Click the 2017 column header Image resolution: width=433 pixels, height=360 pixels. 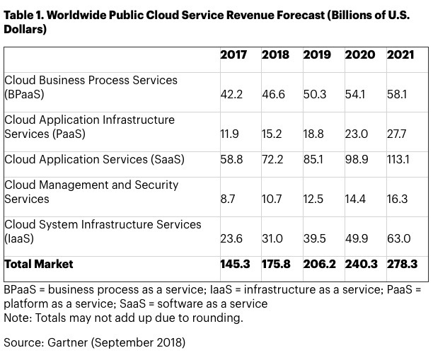pyautogui.click(x=233, y=55)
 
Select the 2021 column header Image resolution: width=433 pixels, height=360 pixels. pyautogui.click(x=400, y=55)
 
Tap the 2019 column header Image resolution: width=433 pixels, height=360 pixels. pyautogui.click(x=316, y=55)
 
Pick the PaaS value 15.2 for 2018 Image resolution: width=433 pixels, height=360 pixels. pyautogui.click(x=272, y=134)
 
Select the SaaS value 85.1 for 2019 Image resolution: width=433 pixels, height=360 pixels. pyautogui.click(x=315, y=161)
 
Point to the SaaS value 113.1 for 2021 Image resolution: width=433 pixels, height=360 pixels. pyautogui.click(x=400, y=161)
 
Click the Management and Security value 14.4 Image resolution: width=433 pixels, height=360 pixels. pyautogui.click(x=357, y=199)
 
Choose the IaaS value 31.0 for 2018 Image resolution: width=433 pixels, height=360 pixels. pyautogui.click(x=272, y=239)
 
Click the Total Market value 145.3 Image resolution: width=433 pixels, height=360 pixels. pyautogui.click(x=234, y=265)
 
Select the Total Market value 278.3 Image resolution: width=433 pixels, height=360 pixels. pyautogui.click(x=402, y=265)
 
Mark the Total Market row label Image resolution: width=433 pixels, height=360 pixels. pyautogui.click(x=39, y=265)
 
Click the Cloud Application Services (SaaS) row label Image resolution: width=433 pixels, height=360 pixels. pyautogui.click(x=94, y=160)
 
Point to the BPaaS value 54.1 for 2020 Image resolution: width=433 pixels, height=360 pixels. pyautogui.click(x=356, y=93)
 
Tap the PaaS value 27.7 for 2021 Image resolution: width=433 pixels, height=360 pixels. pyautogui.click(x=399, y=134)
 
